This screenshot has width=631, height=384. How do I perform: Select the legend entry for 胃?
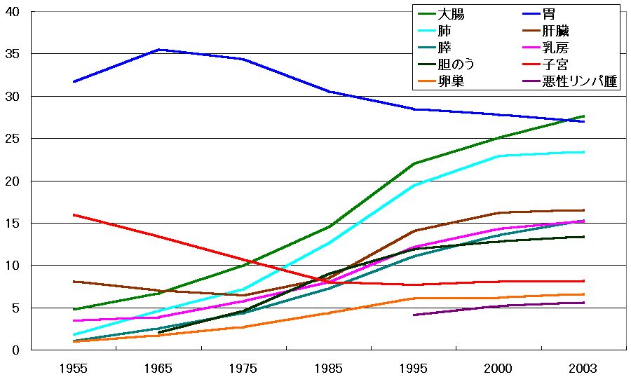coord(555,14)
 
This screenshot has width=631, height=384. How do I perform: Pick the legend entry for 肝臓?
coord(561,32)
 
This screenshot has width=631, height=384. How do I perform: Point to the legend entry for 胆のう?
coord(456,65)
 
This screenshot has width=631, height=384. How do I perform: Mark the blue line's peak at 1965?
coord(158,50)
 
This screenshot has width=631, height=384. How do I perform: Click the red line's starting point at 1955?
coord(74,215)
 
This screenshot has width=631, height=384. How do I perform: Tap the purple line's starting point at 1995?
coord(414,315)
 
